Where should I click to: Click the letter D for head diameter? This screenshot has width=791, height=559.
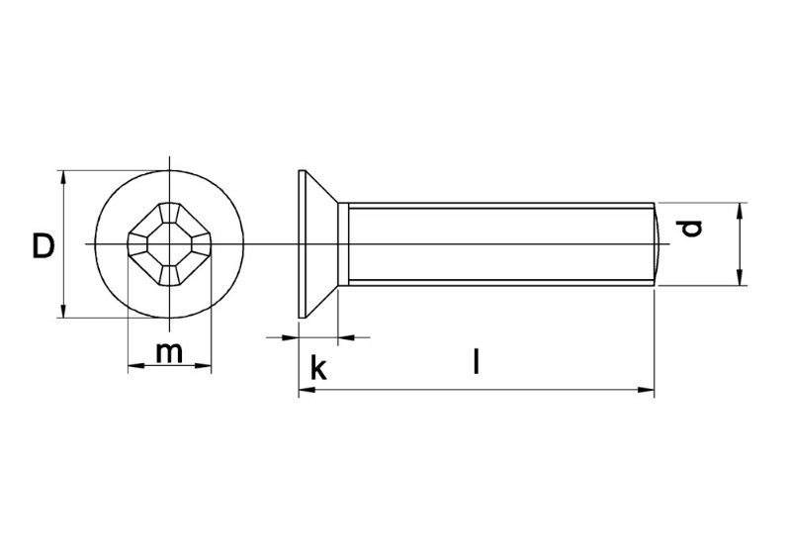coord(42,245)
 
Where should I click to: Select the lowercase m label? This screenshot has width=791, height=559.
coord(170,350)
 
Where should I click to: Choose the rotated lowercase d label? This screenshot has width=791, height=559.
coord(692,229)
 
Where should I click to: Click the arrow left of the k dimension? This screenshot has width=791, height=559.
coord(290,337)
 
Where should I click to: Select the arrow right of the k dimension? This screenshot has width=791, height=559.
coord(347,337)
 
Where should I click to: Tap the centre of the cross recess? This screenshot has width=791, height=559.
coord(169,244)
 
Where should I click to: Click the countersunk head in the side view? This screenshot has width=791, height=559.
coord(318,244)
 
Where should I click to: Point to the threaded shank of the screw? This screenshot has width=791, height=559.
coord(494,244)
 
